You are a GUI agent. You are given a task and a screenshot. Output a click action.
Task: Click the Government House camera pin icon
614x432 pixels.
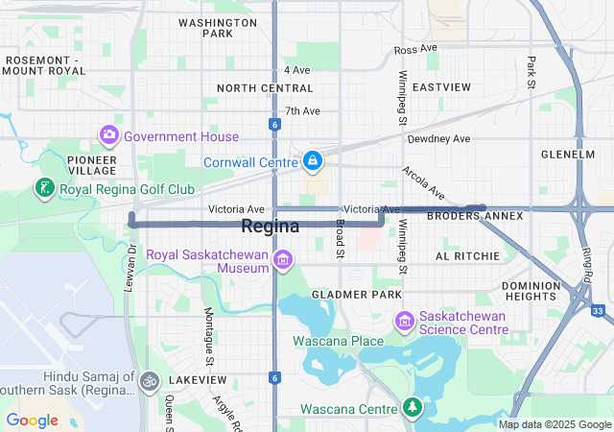[x=109, y=135]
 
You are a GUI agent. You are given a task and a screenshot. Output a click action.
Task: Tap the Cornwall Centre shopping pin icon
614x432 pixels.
[x=313, y=160]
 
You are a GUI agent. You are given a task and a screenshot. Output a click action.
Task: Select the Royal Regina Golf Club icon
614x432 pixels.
[x=45, y=188]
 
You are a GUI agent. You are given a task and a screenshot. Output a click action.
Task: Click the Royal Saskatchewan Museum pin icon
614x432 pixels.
[x=282, y=259]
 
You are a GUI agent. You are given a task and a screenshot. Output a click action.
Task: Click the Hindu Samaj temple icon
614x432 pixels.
[x=149, y=381]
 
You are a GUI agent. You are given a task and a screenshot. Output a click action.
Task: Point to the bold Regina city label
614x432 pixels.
[x=270, y=227]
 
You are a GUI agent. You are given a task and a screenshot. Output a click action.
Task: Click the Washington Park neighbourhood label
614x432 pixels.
[x=218, y=27]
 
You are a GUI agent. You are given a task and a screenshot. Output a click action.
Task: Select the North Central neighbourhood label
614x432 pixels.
[x=265, y=87]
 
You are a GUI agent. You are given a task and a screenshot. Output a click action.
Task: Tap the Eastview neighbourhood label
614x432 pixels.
[x=441, y=87]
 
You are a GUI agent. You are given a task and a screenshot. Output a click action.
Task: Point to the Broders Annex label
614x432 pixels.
[x=475, y=216]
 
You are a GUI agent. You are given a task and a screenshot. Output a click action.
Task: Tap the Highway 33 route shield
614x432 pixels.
[x=599, y=311]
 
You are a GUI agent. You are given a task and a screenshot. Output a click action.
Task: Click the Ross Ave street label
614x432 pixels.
[x=415, y=49]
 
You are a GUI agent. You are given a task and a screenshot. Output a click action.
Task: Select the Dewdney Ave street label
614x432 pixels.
[x=438, y=139]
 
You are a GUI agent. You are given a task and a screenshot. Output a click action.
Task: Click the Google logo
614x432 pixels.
[x=33, y=420]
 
